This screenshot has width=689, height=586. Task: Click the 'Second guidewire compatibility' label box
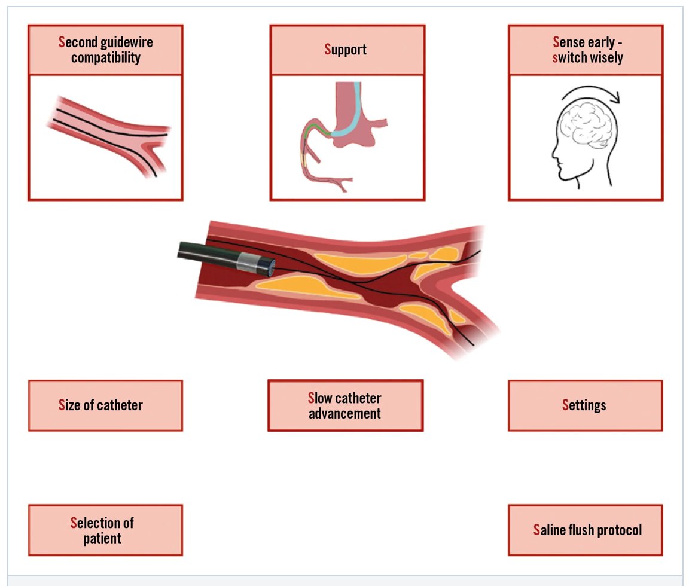pos(105,50)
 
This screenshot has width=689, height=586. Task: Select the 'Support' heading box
pos(347,50)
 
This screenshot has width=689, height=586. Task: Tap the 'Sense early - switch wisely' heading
pos(586,50)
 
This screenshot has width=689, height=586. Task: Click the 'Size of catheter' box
pos(105,405)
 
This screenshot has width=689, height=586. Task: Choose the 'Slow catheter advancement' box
pos(345,405)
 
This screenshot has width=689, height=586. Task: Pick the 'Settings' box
pos(585,405)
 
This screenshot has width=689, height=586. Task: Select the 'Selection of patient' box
pos(105,530)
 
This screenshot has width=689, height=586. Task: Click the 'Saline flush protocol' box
pos(585,530)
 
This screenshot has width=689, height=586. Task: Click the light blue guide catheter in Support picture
pos(353,117)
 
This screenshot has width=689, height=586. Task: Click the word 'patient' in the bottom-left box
pos(102,538)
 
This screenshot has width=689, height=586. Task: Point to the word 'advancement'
pos(345,413)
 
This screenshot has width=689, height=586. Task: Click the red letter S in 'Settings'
pos(566,405)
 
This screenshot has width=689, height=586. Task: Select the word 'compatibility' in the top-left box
pos(105,58)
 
